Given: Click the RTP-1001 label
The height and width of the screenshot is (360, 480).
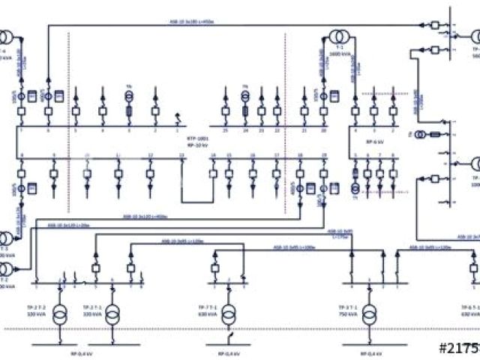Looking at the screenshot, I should click(x=198, y=139).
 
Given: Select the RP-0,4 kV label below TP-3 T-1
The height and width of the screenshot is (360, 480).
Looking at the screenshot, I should click(x=368, y=353).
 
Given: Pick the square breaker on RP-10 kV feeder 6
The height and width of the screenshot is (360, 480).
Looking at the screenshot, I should click(x=48, y=112).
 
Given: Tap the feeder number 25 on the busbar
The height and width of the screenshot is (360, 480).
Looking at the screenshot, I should click(x=224, y=130).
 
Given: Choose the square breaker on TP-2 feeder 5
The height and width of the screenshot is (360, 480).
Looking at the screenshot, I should click(x=97, y=268).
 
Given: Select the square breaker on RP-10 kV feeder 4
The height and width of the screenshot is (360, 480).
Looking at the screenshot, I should click(x=103, y=112).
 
